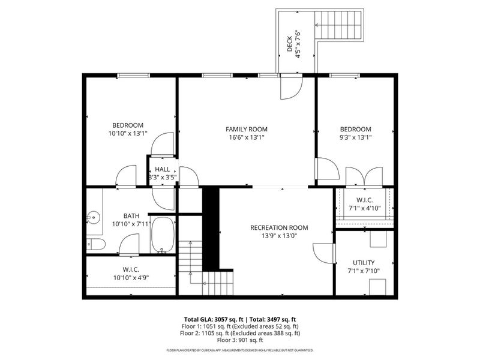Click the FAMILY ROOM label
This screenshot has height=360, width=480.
[246, 129]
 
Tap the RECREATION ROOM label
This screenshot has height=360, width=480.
[279, 227]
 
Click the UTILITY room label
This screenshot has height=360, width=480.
[364, 263]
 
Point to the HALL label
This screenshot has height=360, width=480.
[162, 170]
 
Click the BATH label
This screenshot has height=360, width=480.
[131, 216]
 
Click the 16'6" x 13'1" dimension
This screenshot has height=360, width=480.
[246, 137]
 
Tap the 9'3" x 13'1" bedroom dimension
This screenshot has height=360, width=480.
[355, 137]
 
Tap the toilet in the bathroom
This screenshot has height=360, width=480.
[94, 244]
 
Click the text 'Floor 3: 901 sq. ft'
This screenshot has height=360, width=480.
[240, 340]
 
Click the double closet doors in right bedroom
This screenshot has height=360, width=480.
[364, 175]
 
